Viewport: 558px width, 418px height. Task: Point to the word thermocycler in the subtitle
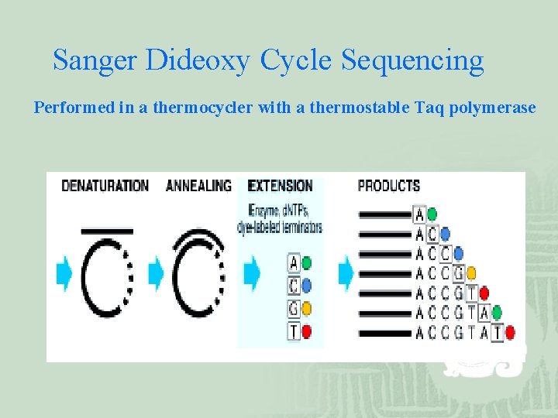pos(202,108)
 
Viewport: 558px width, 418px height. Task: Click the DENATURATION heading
pos(105,186)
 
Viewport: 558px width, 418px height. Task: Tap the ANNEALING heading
pos(198,186)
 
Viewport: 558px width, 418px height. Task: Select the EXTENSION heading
pos(280,186)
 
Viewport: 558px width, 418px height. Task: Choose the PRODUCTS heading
pos(388,186)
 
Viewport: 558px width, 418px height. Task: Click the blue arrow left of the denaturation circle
pos(64,273)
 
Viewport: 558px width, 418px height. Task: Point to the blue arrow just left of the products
pos(346,273)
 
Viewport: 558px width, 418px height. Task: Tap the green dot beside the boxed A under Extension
pos(307,263)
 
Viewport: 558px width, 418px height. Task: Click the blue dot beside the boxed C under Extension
pos(307,286)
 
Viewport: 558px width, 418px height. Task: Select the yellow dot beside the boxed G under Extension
pos(307,309)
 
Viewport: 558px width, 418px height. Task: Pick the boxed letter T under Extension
pos(294,331)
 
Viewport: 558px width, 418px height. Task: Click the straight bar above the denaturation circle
pos(107,230)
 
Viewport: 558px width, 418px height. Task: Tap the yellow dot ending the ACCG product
pos(471,272)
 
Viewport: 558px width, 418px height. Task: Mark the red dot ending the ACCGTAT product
pos(510,333)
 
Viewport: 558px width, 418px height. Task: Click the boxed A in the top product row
pos(419,214)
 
